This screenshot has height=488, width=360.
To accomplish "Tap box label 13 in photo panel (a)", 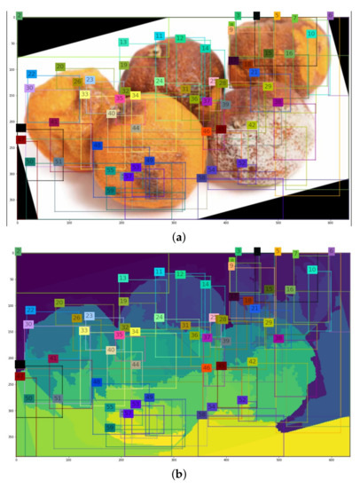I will (x=123, y=43).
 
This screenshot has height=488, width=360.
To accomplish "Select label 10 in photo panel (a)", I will (x=311, y=34).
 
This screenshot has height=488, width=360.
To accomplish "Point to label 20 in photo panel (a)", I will (x=59, y=67).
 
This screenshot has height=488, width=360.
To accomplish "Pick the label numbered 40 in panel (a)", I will (x=112, y=114).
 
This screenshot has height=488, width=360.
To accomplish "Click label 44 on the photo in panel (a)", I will (x=136, y=129).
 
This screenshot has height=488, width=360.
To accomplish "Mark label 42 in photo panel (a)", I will (x=252, y=125).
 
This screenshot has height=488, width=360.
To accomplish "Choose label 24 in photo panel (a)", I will (x=160, y=82).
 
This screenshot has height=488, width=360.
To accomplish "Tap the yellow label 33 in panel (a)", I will (x=85, y=94).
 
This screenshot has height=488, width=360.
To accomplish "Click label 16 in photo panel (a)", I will (x=290, y=53).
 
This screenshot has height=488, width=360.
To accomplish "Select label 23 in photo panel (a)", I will (x=90, y=80).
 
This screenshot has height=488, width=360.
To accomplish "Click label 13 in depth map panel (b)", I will (x=123, y=279).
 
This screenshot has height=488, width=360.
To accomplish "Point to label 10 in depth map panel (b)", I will (x=311, y=270).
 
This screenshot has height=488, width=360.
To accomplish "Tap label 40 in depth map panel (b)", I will (x=112, y=350).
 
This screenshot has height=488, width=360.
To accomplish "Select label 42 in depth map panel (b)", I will (x=252, y=361).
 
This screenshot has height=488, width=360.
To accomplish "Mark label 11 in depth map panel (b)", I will (x=160, y=272).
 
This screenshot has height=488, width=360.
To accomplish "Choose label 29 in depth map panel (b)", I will (x=268, y=322).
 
